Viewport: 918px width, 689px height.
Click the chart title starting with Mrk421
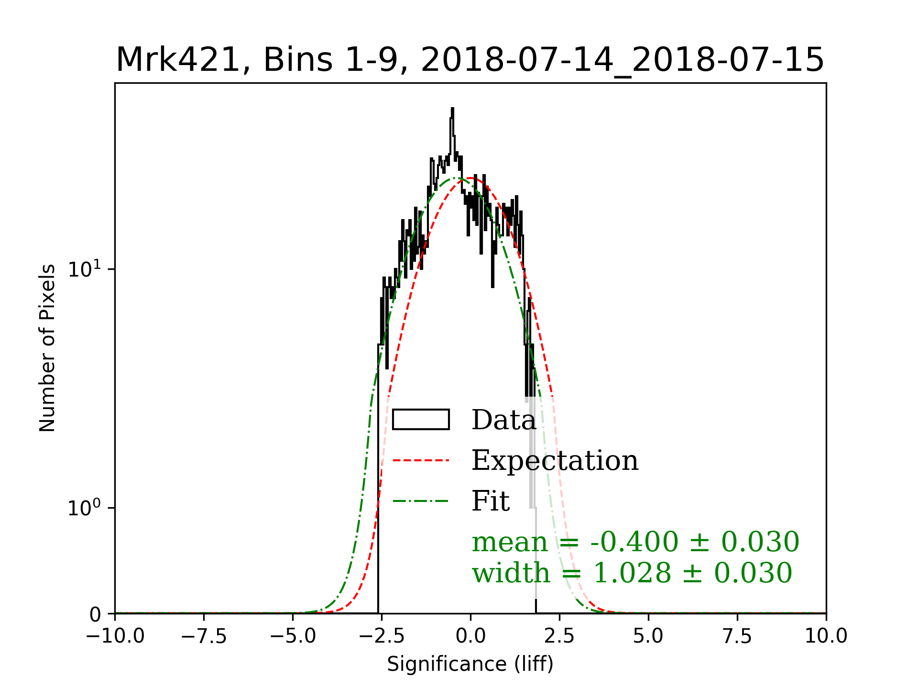[470, 61]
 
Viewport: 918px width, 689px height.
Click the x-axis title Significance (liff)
[470, 664]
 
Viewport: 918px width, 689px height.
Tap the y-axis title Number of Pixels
[47, 348]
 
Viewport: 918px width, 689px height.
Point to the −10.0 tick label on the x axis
[115, 636]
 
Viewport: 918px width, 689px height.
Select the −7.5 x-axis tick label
[204, 636]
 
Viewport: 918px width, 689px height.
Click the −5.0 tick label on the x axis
[293, 636]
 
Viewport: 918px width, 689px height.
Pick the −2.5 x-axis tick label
[382, 636]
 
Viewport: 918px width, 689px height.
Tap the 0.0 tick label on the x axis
[470, 636]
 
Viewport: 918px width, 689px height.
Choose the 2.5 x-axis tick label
[559, 636]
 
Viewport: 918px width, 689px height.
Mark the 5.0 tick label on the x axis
[648, 636]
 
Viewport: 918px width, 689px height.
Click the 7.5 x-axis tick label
[737, 636]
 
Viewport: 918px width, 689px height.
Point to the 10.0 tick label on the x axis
[826, 636]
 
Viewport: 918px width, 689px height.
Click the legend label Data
[503, 420]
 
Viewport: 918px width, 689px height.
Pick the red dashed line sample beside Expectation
[421, 461]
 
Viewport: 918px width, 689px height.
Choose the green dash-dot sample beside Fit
[421, 501]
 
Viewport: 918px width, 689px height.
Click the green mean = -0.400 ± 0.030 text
[635, 542]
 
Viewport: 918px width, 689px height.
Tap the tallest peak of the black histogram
[452, 109]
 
